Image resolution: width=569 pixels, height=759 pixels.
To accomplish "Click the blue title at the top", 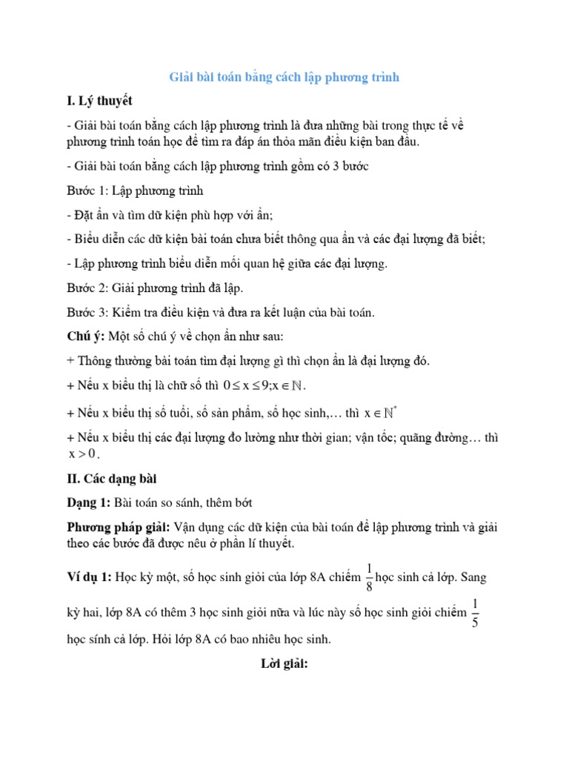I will click(284, 77).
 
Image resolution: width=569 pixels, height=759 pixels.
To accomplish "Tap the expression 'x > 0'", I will click(82, 454).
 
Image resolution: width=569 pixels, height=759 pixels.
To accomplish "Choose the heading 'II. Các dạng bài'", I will click(111, 478).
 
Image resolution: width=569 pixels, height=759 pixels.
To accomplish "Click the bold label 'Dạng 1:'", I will click(88, 503).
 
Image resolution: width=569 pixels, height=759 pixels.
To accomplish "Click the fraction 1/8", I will click(368, 577).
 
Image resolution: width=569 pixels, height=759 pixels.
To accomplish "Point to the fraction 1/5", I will click(475, 611).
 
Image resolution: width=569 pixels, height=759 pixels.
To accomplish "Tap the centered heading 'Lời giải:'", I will click(284, 665).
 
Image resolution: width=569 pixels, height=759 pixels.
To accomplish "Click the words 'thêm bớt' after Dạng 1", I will click(230, 503).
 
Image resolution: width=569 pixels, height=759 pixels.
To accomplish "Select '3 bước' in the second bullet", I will click(346, 166).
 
